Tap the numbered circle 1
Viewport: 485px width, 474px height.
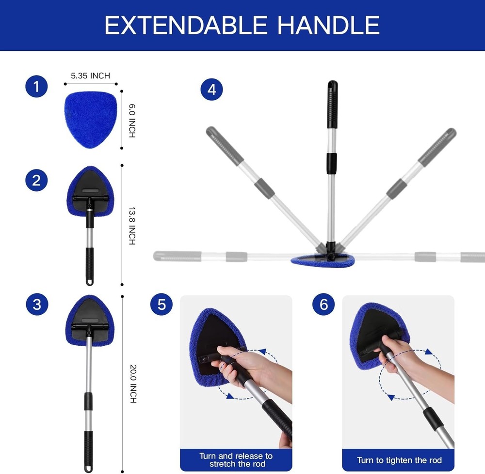(x=36, y=87)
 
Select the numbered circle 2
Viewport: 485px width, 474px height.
(x=36, y=181)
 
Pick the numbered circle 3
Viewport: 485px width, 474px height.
(x=36, y=305)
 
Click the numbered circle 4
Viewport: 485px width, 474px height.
(x=211, y=90)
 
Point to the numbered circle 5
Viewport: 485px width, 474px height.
(x=162, y=305)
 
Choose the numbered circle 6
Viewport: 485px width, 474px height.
(x=323, y=305)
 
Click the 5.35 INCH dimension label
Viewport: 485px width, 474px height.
(x=91, y=76)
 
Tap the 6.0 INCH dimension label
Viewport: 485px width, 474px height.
(x=132, y=121)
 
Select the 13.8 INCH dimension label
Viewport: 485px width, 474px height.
(x=132, y=226)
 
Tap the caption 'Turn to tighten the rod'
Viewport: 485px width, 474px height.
(x=399, y=460)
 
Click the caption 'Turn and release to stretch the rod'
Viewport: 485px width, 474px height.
(x=236, y=460)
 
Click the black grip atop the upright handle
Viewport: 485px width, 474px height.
(x=332, y=104)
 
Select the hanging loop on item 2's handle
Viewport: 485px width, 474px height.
(x=90, y=281)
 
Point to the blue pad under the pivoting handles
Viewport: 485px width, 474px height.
(x=323, y=261)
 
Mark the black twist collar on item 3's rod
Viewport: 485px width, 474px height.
(x=88, y=401)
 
